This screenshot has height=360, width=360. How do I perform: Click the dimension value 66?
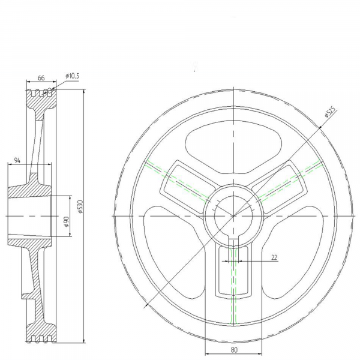[41, 78]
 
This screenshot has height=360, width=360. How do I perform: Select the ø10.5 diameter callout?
[73, 76]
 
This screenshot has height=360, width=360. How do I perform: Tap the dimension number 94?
[17, 160]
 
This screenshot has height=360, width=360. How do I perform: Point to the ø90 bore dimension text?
[67, 221]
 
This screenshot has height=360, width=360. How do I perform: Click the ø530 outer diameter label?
[80, 206]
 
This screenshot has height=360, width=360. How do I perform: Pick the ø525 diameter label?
[331, 112]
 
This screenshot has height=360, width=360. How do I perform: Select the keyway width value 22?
[274, 257]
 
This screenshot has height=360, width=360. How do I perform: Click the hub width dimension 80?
[234, 350]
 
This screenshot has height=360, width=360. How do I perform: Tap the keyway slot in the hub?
[233, 243]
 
